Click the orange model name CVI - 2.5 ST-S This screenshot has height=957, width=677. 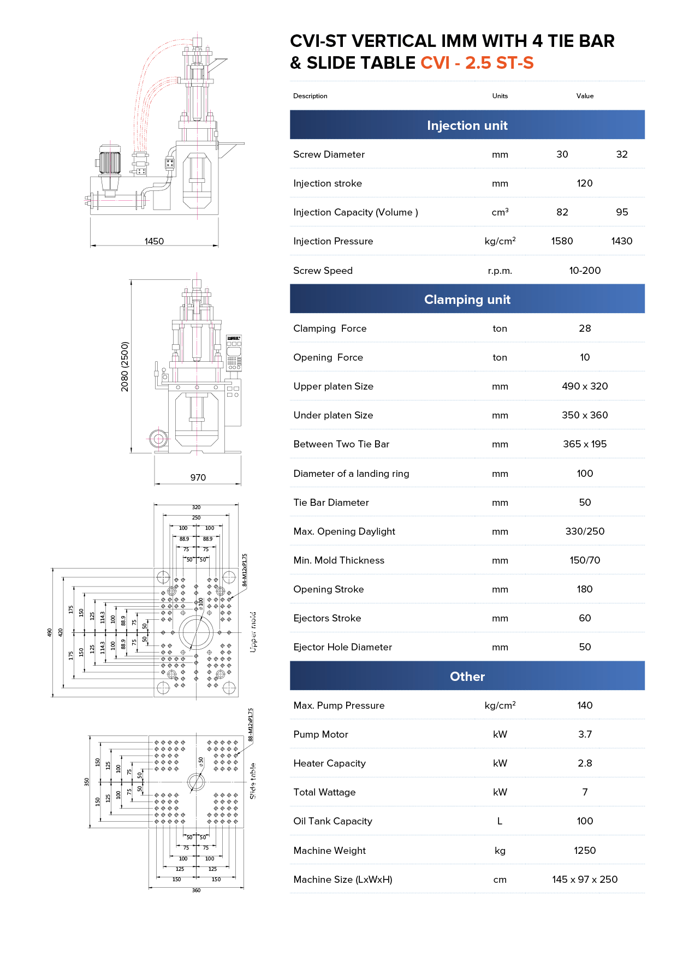477,63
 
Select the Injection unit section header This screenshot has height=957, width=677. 467,125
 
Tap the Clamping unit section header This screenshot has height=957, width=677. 467,300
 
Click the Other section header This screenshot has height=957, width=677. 467,677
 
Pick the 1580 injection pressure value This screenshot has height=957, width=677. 562,241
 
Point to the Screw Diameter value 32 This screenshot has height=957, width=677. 621,154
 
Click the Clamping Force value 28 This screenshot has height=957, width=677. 585,328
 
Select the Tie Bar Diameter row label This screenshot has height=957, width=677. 331,503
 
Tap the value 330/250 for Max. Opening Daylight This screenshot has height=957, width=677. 585,531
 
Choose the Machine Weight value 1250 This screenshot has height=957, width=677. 585,851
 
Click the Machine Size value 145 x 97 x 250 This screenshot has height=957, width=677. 585,880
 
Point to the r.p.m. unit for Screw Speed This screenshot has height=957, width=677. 500,271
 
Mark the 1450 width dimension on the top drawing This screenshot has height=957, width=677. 154,241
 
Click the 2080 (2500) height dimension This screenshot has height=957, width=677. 125,367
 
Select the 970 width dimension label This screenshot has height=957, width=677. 198,477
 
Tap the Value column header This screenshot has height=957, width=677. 585,96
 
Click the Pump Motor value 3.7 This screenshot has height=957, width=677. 585,734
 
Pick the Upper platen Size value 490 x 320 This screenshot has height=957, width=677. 585,386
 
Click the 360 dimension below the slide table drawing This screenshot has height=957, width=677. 196,890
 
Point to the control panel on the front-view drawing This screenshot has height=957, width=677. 234,353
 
